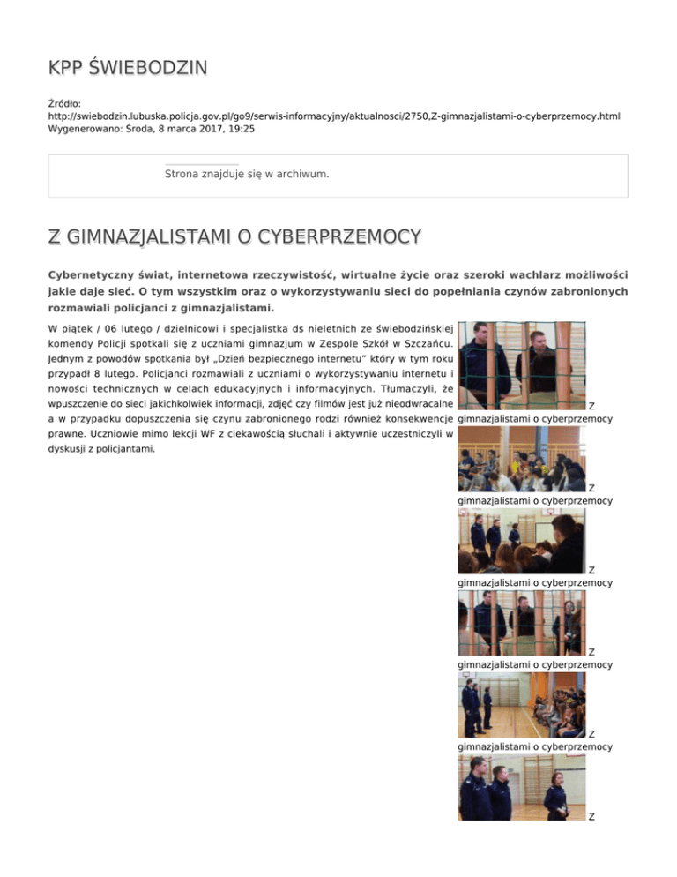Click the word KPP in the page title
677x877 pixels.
tap(67, 69)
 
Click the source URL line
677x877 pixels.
tap(335, 116)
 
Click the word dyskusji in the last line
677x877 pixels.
tap(68, 449)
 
